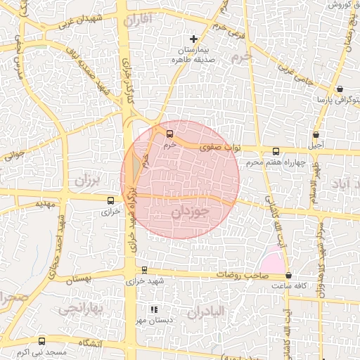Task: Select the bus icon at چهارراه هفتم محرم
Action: [275, 150]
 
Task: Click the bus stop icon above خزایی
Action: [111, 200]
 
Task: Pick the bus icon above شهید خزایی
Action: [145, 269]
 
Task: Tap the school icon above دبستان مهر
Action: [154, 309]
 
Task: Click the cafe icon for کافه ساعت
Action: [289, 276]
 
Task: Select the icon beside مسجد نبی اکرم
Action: [42, 341]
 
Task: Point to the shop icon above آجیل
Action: [316, 134]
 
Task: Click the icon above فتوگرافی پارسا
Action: [340, 89]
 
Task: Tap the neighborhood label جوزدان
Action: [191, 211]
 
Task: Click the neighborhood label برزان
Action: [88, 180]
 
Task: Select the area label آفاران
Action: [137, 21]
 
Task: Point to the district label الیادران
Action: [205, 311]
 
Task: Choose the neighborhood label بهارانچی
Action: [81, 308]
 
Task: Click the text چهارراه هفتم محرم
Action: [276, 163]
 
